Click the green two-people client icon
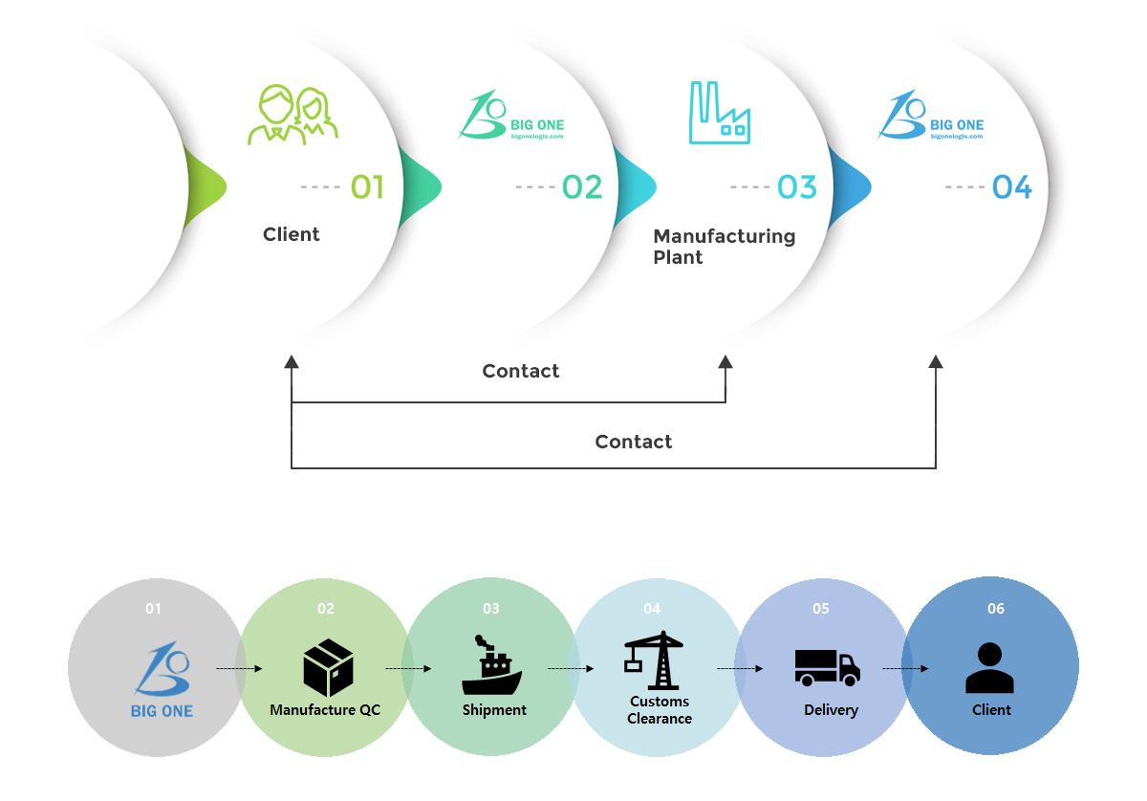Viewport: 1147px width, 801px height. (292, 116)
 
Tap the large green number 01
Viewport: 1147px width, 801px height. (367, 187)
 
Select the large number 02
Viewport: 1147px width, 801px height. (582, 187)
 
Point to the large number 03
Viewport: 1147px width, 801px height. (797, 187)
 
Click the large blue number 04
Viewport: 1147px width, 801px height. (1012, 187)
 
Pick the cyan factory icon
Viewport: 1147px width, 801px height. (720, 113)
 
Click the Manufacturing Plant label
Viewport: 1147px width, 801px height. (725, 247)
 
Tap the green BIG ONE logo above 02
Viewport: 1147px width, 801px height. (511, 115)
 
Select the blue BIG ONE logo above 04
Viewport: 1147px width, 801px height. (930, 115)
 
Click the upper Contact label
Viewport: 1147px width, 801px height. (521, 371)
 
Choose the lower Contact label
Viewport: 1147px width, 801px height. (634, 442)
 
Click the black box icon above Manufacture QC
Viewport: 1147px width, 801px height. (328, 668)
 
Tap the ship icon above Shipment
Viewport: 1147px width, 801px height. (491, 664)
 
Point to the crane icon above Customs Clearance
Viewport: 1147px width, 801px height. (654, 660)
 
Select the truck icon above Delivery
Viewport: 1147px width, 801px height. (828, 668)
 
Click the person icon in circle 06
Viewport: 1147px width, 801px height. (990, 668)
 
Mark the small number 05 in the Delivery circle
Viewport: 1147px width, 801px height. (821, 609)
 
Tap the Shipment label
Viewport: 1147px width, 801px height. (494, 710)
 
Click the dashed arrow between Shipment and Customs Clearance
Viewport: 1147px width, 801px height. (571, 668)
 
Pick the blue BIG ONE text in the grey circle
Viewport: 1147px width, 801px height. (162, 711)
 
